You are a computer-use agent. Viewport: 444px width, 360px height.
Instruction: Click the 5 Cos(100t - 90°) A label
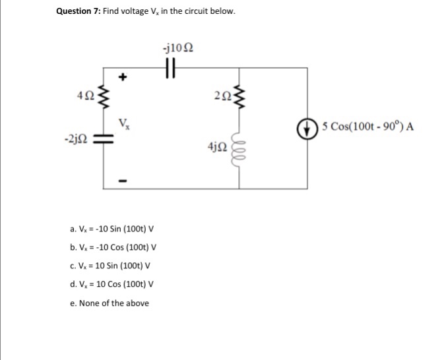(368, 127)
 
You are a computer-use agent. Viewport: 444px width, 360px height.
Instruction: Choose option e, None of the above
(108, 303)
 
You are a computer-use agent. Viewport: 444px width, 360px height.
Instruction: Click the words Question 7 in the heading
(76, 13)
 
